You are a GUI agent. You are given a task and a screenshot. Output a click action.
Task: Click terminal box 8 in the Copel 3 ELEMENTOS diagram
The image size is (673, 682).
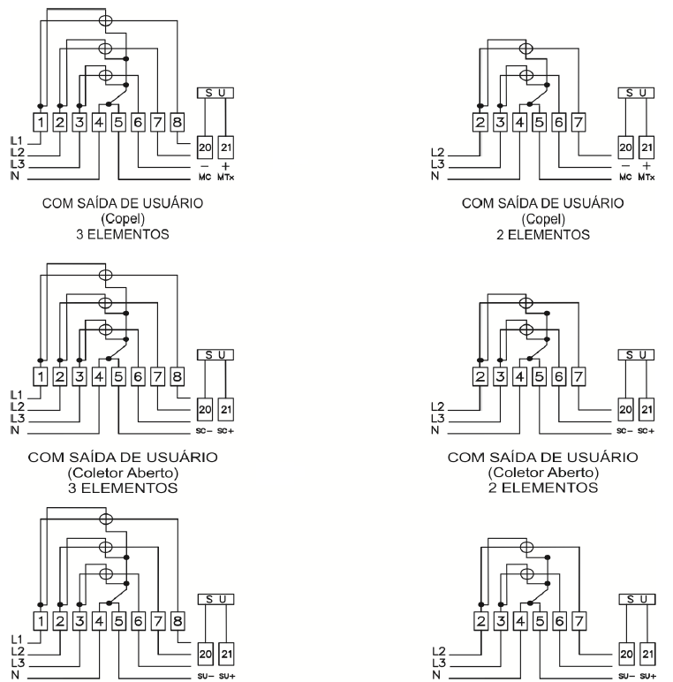point(177,122)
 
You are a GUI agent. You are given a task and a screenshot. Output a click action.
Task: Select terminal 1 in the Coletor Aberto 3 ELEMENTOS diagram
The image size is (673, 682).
point(41,376)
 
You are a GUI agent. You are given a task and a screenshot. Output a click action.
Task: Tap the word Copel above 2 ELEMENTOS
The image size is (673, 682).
point(543,219)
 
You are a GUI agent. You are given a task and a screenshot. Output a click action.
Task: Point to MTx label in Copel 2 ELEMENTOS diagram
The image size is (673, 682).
point(647,177)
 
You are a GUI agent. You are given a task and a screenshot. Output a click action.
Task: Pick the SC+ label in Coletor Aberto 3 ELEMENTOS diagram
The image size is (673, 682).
point(225,431)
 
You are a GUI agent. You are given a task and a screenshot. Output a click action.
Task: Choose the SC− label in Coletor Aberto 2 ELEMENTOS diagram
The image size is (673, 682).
point(624,431)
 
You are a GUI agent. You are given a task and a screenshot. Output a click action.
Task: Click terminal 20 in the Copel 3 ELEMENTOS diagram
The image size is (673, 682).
point(205,148)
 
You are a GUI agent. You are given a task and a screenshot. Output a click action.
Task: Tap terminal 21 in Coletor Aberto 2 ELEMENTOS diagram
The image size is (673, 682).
point(647,409)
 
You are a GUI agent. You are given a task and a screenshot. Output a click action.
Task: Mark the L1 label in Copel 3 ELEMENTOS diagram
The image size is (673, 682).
point(16,140)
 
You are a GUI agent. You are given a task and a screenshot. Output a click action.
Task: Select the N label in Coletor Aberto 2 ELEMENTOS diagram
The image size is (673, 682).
point(435,430)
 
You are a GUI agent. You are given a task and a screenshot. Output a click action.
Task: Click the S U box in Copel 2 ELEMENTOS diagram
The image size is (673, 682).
point(636,93)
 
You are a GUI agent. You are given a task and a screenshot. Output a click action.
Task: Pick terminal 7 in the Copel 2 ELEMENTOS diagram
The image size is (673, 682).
point(578,122)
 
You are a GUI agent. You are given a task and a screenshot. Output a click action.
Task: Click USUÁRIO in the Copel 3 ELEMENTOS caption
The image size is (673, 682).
point(175,203)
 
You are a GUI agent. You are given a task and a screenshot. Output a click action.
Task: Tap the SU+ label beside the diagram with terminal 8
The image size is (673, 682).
point(226,676)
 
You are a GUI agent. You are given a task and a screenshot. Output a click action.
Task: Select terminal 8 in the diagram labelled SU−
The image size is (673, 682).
point(178,621)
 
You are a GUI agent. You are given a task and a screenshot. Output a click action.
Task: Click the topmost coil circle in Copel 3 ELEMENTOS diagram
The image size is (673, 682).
point(106,20)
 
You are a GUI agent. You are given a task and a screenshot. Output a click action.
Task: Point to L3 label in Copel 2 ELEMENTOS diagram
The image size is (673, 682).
point(438,164)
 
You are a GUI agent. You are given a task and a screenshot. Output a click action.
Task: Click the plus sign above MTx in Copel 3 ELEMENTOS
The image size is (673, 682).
point(225,166)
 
